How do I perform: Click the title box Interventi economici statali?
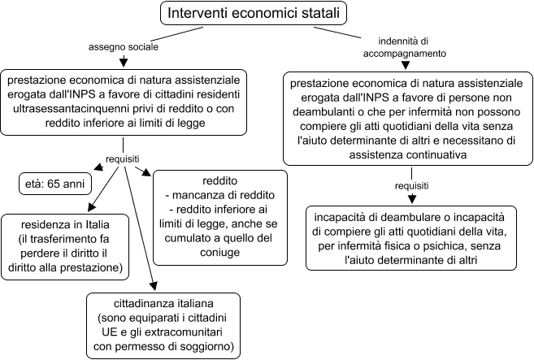tap(254, 13)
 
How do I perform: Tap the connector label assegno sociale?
tap(124, 47)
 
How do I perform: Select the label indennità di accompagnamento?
tap(405, 47)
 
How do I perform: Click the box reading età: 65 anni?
tap(55, 184)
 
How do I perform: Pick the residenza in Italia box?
tap(65, 247)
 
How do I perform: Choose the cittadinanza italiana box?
tap(163, 326)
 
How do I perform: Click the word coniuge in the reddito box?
tap(220, 253)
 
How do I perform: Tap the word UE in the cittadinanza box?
tap(109, 332)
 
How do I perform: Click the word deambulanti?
tap(322, 112)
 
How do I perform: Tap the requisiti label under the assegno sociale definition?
tap(123, 159)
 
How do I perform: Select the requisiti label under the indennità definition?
tap(412, 186)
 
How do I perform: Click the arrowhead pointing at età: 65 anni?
tap(99, 167)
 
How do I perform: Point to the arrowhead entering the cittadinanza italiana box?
tap(154, 286)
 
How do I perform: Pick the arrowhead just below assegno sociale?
tap(124, 63)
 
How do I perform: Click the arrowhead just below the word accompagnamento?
tap(406, 65)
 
